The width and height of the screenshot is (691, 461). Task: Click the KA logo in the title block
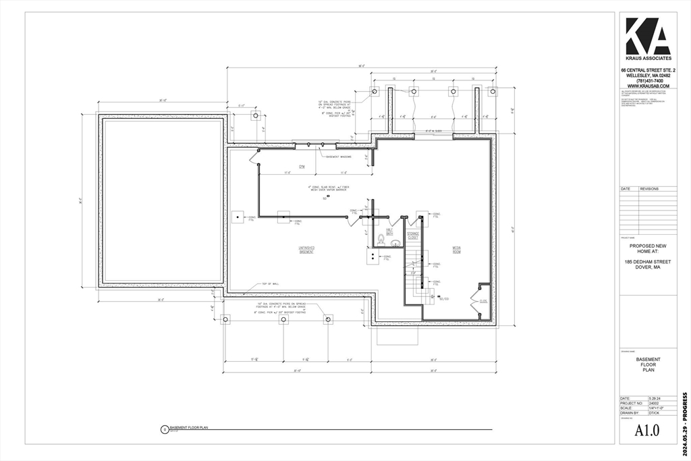pos(648,36)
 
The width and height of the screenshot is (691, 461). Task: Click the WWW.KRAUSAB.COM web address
pos(648,86)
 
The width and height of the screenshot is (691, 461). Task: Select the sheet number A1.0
pos(648,430)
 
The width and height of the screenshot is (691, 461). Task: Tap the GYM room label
pos(302,166)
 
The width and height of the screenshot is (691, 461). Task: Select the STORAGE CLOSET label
pos(412,236)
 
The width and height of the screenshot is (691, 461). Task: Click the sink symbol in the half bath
pos(396,244)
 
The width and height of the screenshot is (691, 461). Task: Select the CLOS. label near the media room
pos(483,301)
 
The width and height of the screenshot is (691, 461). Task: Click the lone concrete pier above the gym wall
pos(255,115)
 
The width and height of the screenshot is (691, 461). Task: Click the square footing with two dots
pos(373,256)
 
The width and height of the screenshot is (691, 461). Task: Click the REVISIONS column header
pos(649,189)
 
